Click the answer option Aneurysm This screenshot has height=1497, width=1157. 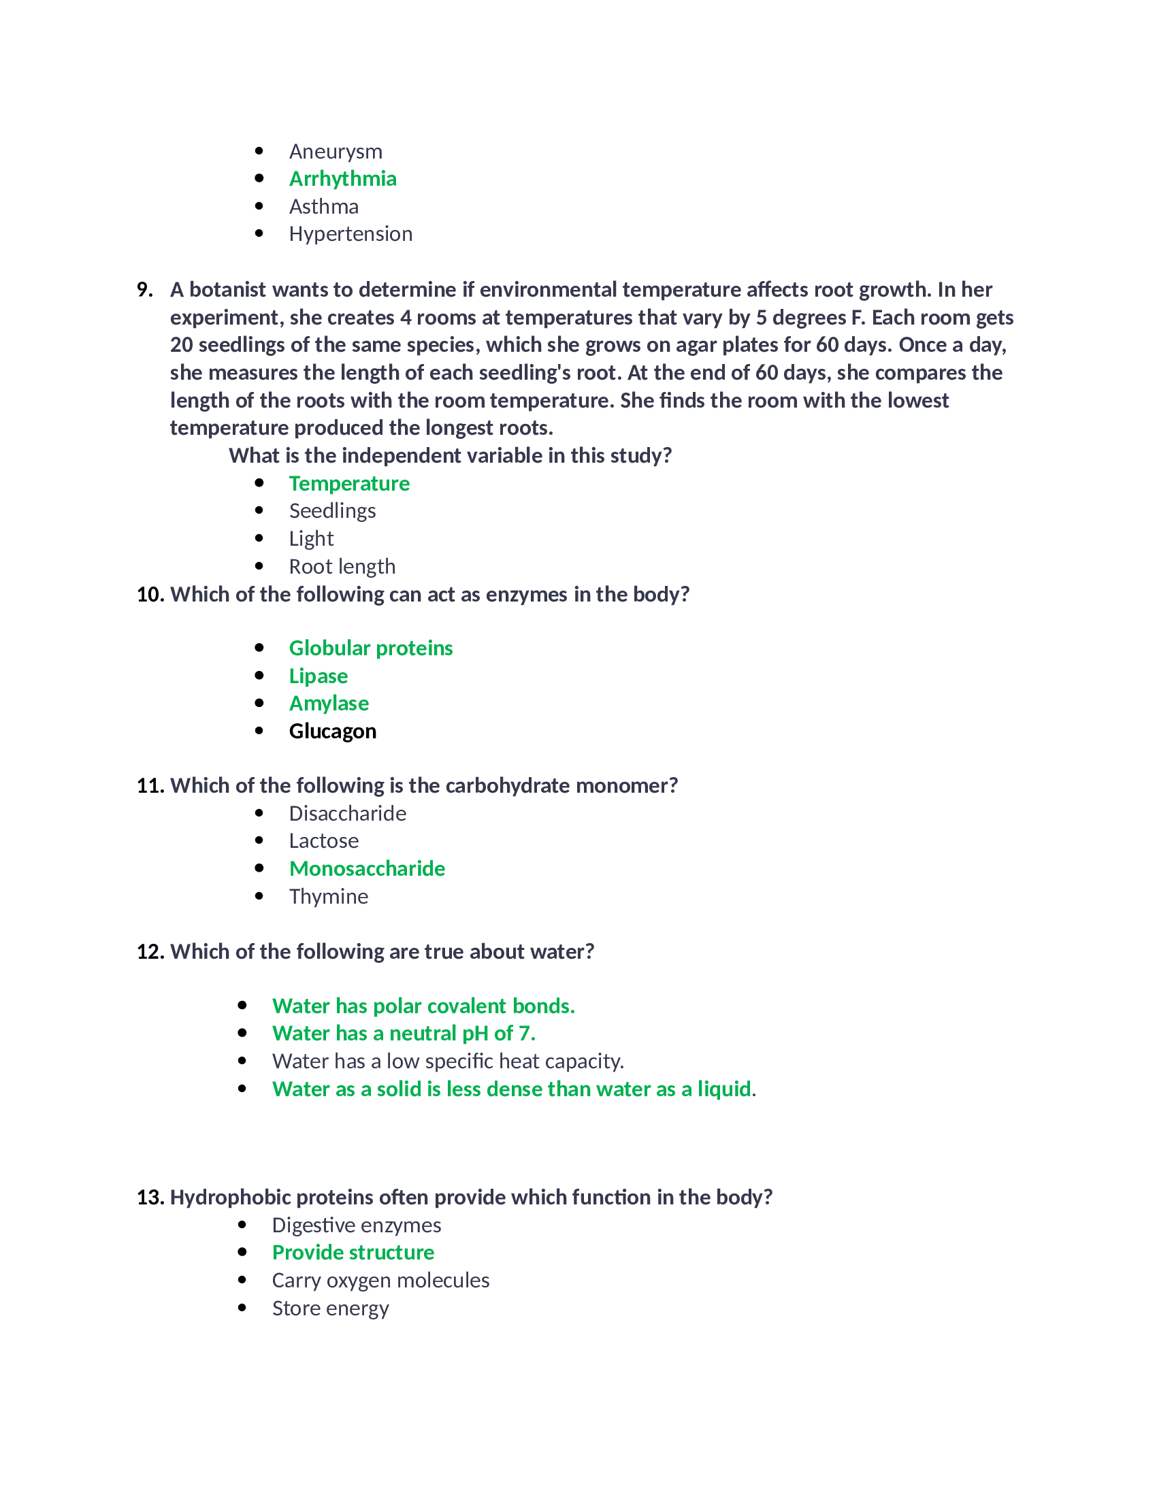click(x=335, y=152)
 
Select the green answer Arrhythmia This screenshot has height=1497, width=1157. click(x=343, y=179)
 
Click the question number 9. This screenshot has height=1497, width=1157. click(x=144, y=290)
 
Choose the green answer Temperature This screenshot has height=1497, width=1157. click(x=349, y=484)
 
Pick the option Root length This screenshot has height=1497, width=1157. click(x=342, y=567)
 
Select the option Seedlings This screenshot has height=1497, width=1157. click(x=332, y=511)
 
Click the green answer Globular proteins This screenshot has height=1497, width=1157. click(x=371, y=648)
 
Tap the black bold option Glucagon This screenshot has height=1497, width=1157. click(x=332, y=731)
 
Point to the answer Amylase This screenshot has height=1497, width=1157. click(x=329, y=704)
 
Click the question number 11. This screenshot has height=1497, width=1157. click(x=150, y=785)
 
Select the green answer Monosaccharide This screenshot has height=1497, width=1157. click(x=367, y=869)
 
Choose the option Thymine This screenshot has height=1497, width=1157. click(x=328, y=897)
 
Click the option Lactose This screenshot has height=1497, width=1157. click(x=323, y=841)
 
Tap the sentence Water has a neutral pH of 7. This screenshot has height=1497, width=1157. click(x=404, y=1034)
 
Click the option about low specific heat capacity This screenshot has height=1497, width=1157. click(x=448, y=1062)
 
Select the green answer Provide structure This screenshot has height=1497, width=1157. click(x=353, y=1253)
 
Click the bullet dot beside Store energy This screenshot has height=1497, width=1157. click(x=242, y=1308)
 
